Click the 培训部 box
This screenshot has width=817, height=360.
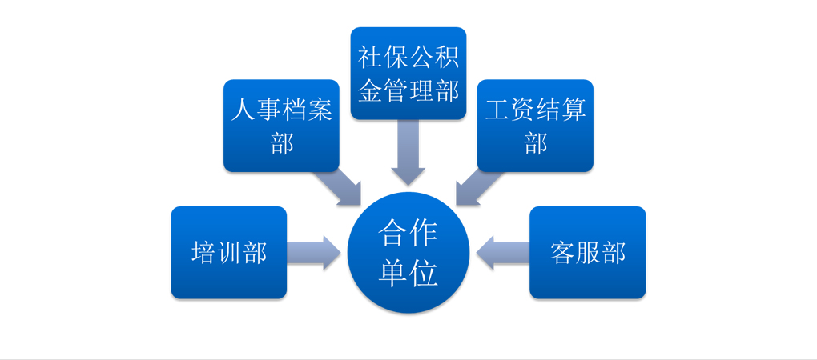pos(229,252)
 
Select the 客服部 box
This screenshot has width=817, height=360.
pos(588,252)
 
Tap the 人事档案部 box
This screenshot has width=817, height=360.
pos(281,126)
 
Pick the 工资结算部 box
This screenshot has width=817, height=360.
pos(535,126)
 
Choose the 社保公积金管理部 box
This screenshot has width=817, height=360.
pos(408,74)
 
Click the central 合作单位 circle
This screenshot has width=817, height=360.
pos(408,252)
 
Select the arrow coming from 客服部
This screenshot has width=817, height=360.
pos(503,253)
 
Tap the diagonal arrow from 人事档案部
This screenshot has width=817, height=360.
pos(339,187)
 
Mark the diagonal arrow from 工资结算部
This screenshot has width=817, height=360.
pos(479,187)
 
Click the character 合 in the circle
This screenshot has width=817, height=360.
pos(392,233)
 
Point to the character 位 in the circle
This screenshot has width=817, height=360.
pos(424,273)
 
